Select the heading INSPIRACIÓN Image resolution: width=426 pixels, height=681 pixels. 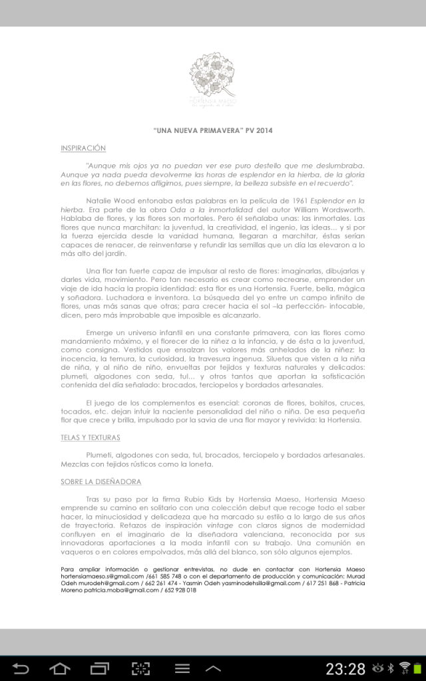[83, 148]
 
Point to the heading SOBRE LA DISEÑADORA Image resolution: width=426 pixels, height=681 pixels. [101, 481]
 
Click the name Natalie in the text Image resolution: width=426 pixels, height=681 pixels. [100, 200]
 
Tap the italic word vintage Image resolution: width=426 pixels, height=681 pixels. [221, 525]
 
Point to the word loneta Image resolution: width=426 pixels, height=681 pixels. [200, 464]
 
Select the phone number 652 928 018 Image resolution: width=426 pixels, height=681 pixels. [180, 590]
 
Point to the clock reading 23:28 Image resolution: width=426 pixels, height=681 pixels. [345, 668]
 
